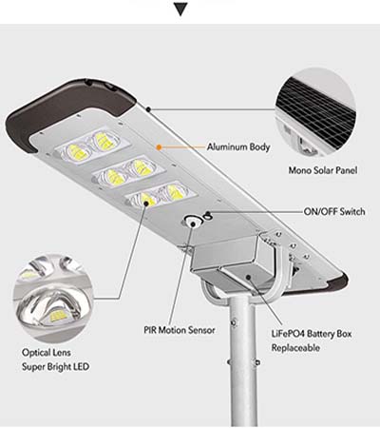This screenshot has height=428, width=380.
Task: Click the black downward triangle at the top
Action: [181, 10]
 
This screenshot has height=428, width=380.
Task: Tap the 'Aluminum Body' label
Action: [238, 147]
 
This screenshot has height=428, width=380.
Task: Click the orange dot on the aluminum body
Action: [160, 147]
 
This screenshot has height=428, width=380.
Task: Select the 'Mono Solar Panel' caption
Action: [323, 170]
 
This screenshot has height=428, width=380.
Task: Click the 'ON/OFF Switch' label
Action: [334, 211]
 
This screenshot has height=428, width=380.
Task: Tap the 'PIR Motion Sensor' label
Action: [180, 330]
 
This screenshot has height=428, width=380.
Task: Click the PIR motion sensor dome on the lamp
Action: [192, 221]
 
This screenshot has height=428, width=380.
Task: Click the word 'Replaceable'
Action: [295, 348]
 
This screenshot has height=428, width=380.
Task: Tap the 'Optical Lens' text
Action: [47, 353]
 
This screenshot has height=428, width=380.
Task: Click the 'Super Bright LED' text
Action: [55, 367]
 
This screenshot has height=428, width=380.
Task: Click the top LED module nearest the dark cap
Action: [91, 146]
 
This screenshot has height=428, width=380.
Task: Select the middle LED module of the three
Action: [128, 172]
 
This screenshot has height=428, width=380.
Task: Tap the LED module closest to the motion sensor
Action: [161, 196]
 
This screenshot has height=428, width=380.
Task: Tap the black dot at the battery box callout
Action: [249, 278]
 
